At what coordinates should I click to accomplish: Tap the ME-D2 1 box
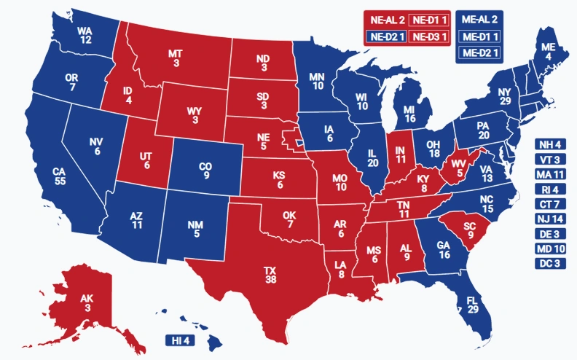pyautogui.click(x=479, y=52)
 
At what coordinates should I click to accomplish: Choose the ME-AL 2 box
pyautogui.click(x=479, y=20)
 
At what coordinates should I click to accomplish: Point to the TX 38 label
pyautogui.click(x=270, y=275)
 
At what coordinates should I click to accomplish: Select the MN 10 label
pyautogui.click(x=318, y=81)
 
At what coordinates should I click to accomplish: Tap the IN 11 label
pyautogui.click(x=400, y=154)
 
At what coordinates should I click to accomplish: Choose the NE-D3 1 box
pyautogui.click(x=430, y=36)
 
